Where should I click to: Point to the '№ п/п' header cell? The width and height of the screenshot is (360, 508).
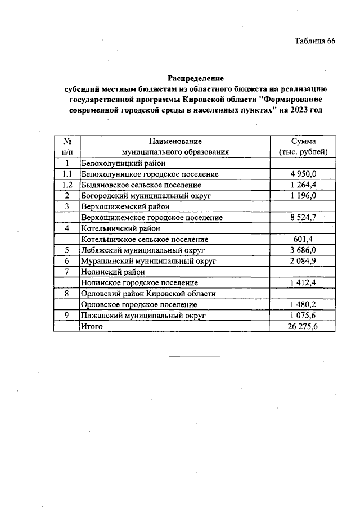point(66,147)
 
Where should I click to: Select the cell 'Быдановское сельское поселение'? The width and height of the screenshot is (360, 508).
point(141,185)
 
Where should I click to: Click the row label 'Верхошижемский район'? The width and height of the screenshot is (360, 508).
point(121,206)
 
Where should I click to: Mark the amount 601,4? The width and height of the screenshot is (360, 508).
point(304,239)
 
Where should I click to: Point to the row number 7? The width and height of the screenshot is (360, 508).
point(66,272)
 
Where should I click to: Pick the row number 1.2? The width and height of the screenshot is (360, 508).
point(66,185)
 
